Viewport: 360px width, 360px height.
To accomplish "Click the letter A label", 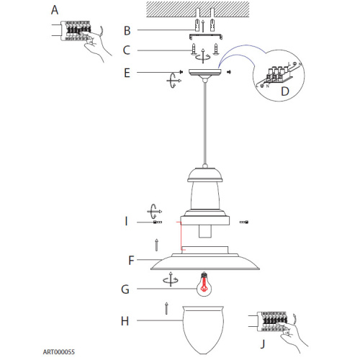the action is pyautogui.click(x=55, y=10).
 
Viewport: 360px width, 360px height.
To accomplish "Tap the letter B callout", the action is pyautogui.click(x=127, y=31).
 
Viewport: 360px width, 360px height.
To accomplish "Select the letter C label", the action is pyautogui.click(x=127, y=50).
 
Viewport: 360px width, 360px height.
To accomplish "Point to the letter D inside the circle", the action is pyautogui.click(x=285, y=91).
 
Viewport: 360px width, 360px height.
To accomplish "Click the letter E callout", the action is pyautogui.click(x=127, y=73).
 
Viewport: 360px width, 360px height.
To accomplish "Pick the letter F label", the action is pyautogui.click(x=131, y=261).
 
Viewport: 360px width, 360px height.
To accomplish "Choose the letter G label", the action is pyautogui.click(x=125, y=289).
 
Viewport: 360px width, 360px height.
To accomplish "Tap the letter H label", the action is pyautogui.click(x=125, y=321).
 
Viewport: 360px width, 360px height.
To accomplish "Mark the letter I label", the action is pyautogui.click(x=126, y=221).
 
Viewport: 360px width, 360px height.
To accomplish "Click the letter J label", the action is pyautogui.click(x=263, y=343).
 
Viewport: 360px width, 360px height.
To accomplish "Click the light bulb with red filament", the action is pyautogui.click(x=204, y=284).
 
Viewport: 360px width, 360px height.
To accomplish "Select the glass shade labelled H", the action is pyautogui.click(x=203, y=330).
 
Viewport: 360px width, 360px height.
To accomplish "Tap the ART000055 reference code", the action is pyautogui.click(x=59, y=352).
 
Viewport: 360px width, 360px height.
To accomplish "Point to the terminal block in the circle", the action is pyautogui.click(x=279, y=74).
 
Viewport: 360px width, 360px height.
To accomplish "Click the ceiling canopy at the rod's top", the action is pyautogui.click(x=204, y=73).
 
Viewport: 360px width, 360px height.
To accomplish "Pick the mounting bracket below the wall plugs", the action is pyautogui.click(x=205, y=37).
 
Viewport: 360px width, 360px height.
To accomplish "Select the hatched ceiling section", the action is pyautogui.click(x=198, y=9).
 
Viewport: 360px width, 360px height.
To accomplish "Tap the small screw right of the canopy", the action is pyautogui.click(x=229, y=72).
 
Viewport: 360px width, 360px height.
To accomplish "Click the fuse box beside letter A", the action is pyautogui.click(x=76, y=31).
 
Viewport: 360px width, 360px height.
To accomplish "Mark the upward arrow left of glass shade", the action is pyautogui.click(x=166, y=308).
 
